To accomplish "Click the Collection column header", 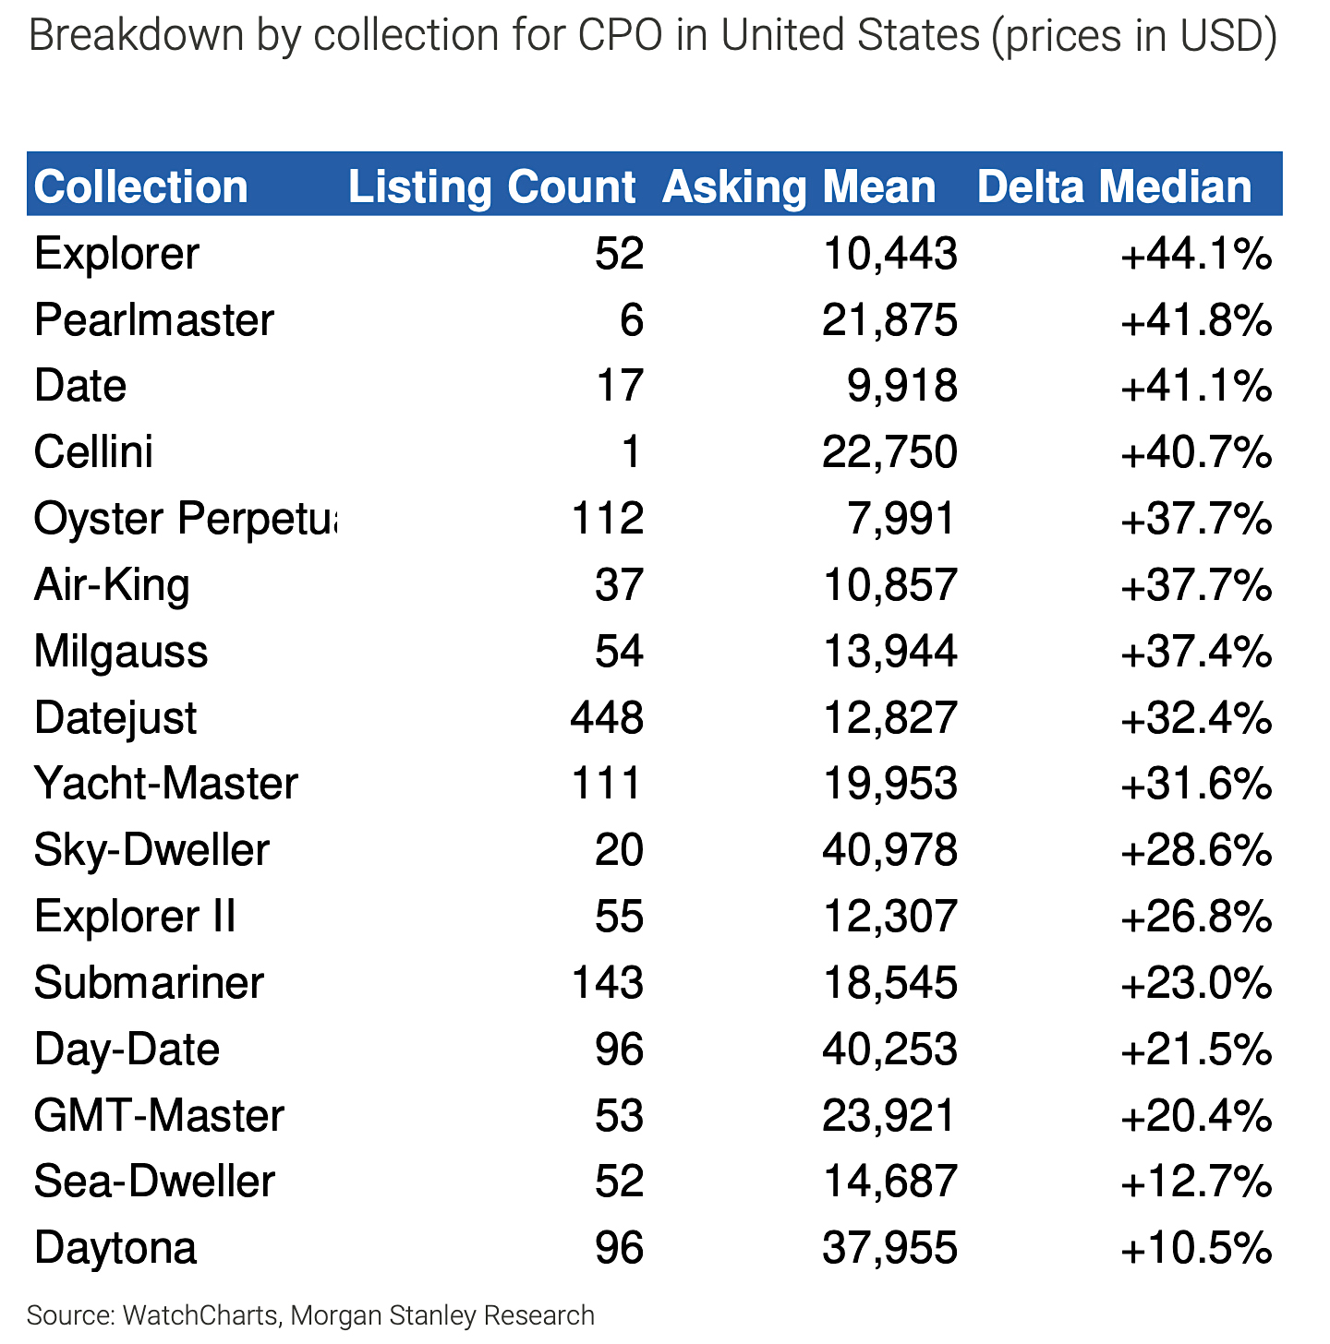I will click(141, 186).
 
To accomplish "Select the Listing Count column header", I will click(491, 186).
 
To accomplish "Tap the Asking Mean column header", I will click(799, 186).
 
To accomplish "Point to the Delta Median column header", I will click(1114, 186).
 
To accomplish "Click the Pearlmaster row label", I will click(154, 320).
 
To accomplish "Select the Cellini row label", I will click(93, 452).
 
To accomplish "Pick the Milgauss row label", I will click(121, 651).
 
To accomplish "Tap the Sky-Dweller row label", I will click(151, 850).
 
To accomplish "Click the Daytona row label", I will click(115, 1248).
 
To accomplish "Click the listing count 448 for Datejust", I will click(607, 717).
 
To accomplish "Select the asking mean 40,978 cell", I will click(889, 850).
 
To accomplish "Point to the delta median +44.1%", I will click(1196, 254).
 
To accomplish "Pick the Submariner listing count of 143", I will click(607, 982).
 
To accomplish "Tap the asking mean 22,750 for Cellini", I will click(889, 452).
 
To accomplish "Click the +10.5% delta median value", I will click(1196, 1248).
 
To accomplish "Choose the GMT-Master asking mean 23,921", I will click(889, 1115).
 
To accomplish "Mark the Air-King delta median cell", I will click(1196, 585).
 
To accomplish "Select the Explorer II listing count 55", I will click(619, 917).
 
